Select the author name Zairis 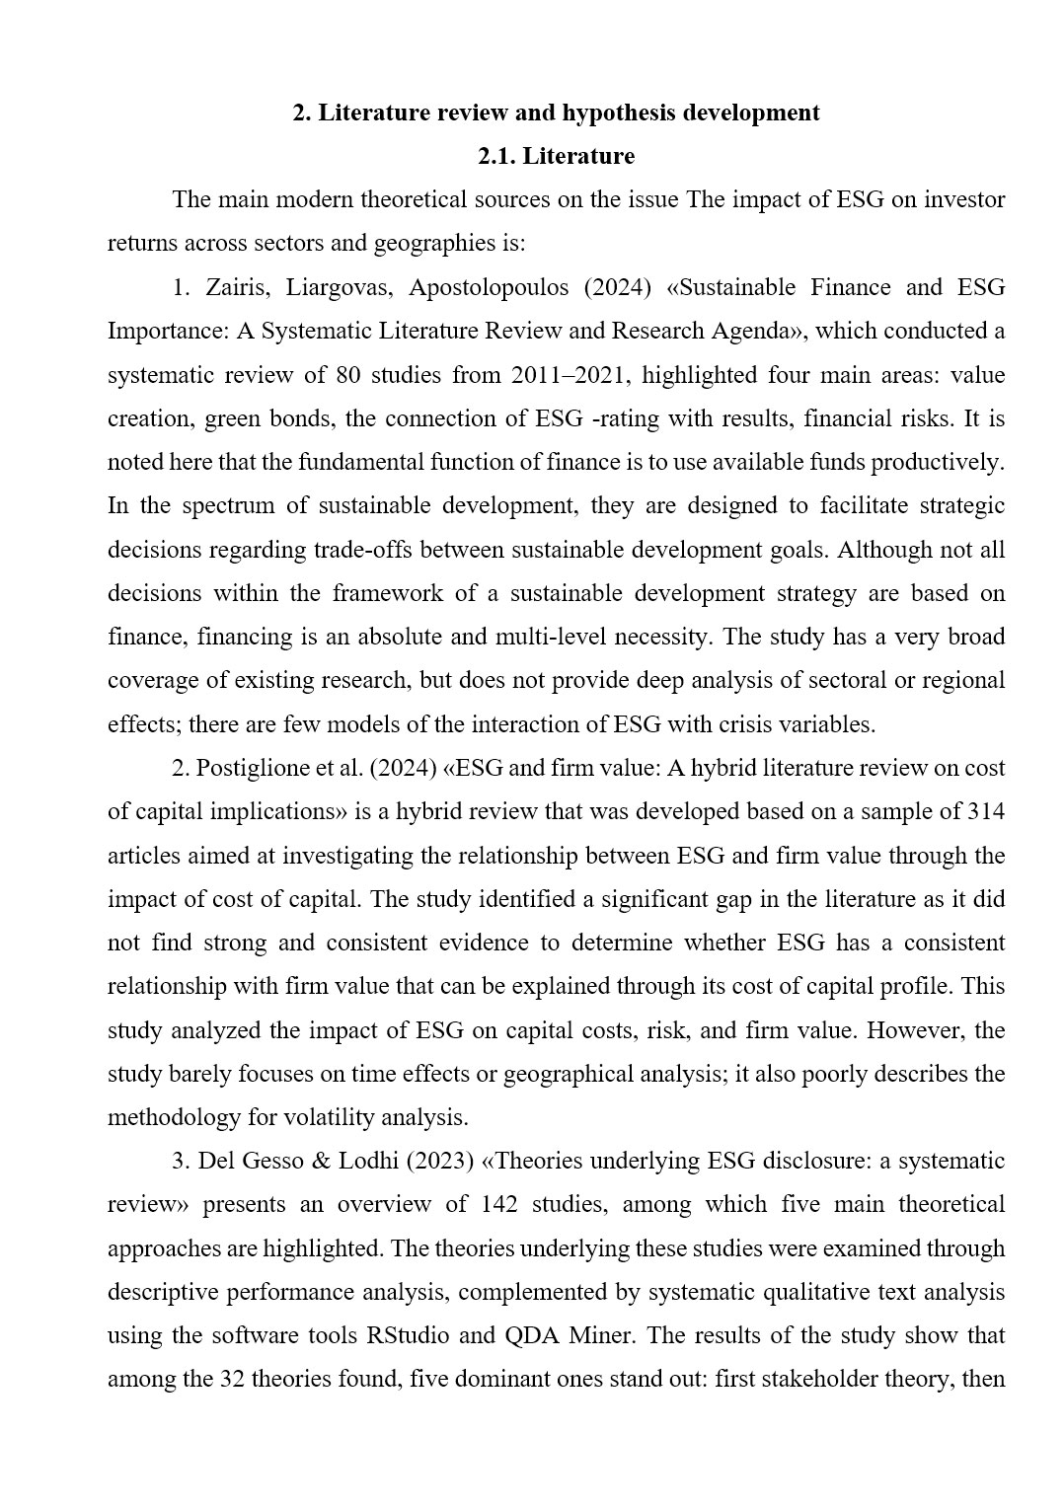tap(237, 287)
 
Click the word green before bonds tap(232, 418)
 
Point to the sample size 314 tap(986, 811)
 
